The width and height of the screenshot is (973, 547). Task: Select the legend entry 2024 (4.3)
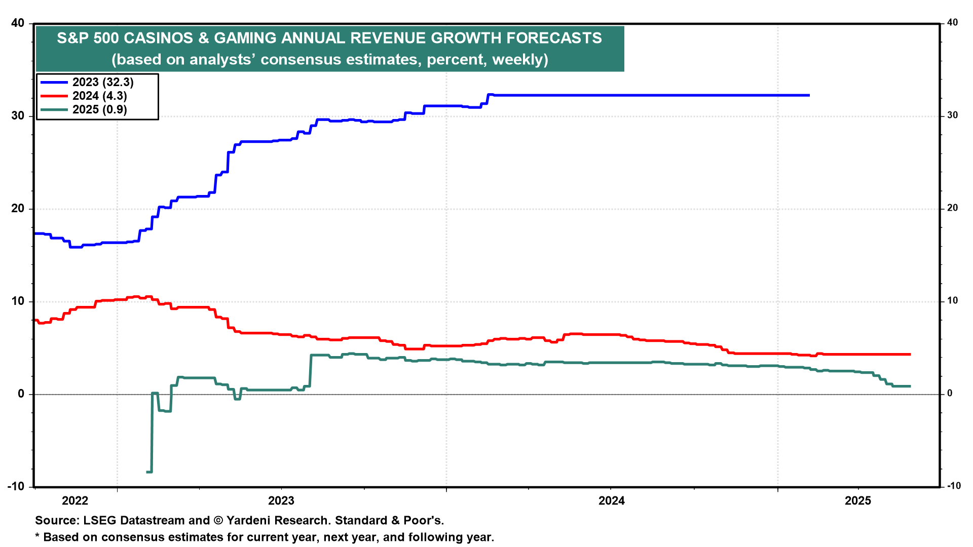[x=99, y=96]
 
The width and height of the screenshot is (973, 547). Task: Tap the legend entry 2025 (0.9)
[x=99, y=109]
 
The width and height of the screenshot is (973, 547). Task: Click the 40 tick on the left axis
[x=17, y=23]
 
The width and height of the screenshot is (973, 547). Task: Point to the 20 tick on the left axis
[x=17, y=209]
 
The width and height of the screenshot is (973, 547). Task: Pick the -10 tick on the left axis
[x=16, y=486]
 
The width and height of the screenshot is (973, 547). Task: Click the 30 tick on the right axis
[x=953, y=115]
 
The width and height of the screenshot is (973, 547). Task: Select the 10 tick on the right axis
[x=953, y=301]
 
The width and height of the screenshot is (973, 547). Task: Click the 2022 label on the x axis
[x=75, y=501]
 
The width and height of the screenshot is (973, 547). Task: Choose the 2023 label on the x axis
[x=281, y=501]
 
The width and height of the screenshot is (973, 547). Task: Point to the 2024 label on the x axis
[x=612, y=501]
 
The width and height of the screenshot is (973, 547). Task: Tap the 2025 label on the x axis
[x=858, y=501]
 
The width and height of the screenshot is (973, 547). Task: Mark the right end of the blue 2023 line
[x=809, y=95]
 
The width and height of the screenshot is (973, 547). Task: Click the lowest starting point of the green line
[x=147, y=472]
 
